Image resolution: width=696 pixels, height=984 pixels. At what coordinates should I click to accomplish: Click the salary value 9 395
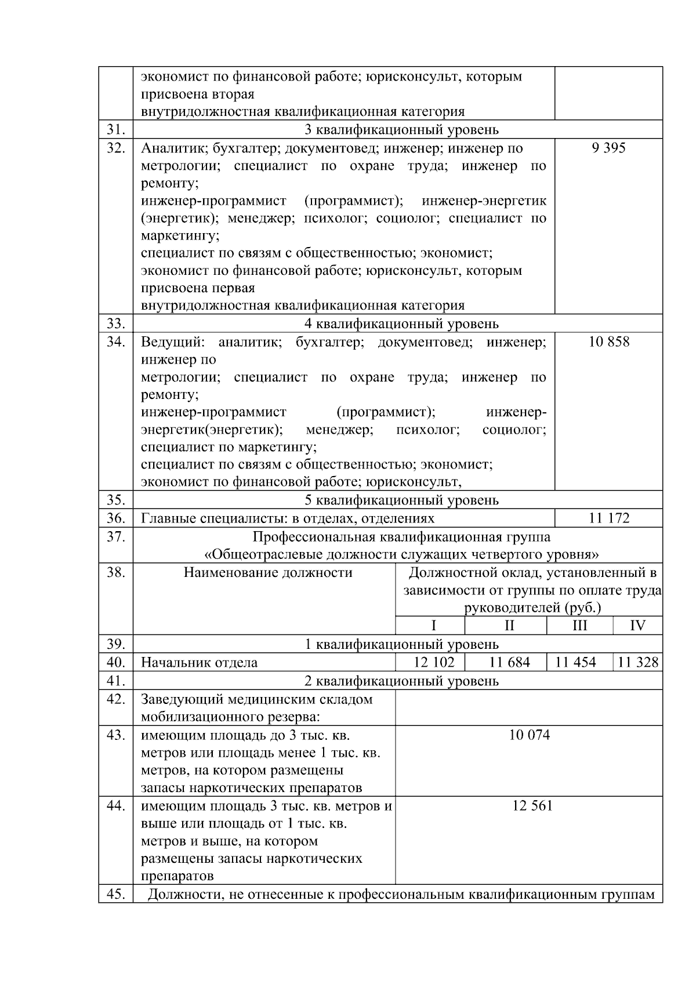click(608, 148)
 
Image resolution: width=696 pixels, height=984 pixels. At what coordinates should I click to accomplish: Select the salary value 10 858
click(608, 342)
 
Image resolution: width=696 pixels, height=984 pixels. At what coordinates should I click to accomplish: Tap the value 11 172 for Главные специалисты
click(608, 518)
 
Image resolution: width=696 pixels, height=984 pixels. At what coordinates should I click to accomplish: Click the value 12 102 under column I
click(434, 662)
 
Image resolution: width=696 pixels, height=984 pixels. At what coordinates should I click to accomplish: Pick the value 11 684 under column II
click(509, 662)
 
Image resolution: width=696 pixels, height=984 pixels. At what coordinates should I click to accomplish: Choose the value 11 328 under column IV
click(637, 662)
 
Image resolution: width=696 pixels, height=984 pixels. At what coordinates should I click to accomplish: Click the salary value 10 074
click(529, 735)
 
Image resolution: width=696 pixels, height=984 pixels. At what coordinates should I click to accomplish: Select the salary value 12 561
click(532, 805)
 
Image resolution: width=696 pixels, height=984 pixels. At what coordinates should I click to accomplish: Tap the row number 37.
click(116, 536)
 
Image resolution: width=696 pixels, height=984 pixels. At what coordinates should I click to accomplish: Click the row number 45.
click(116, 894)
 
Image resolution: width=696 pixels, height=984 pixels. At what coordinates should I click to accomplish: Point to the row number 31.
click(116, 129)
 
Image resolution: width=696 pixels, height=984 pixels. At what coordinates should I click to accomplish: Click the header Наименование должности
click(268, 573)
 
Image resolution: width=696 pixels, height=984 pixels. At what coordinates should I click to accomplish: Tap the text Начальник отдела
click(199, 662)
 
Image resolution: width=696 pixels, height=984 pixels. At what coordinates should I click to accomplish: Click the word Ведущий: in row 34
click(172, 342)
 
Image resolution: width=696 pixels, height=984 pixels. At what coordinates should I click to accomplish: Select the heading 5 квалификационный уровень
click(401, 500)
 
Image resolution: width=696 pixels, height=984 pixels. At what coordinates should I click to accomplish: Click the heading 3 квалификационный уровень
click(401, 129)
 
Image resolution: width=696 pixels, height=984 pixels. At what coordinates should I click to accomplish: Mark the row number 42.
click(116, 699)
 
